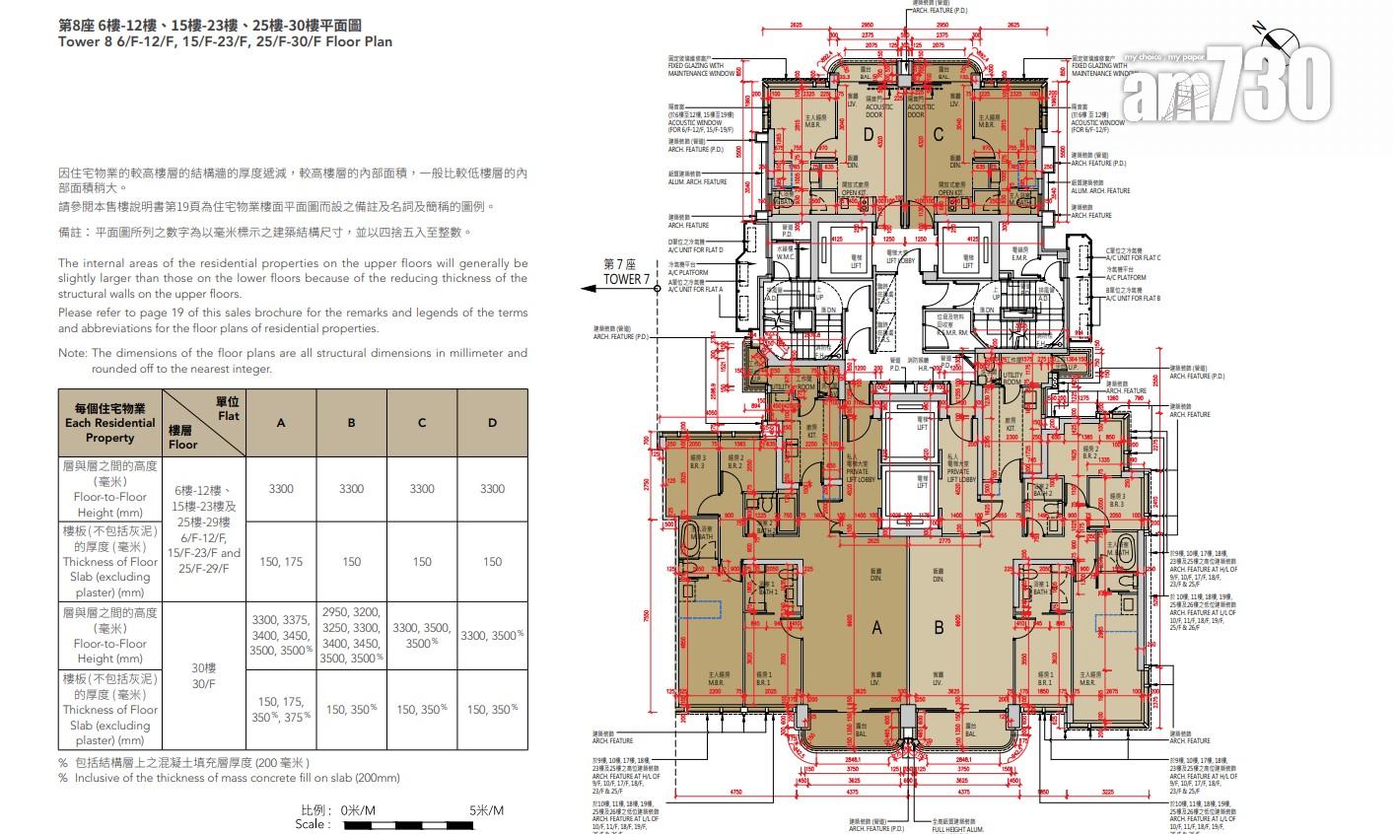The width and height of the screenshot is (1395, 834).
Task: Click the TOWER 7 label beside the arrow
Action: point(627,280)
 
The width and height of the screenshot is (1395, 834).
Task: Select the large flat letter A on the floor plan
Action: point(875,627)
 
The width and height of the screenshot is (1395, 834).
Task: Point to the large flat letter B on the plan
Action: point(939,627)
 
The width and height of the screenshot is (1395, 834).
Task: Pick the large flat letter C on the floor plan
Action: point(938,134)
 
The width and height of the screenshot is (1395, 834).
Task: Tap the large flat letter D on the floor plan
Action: point(869,134)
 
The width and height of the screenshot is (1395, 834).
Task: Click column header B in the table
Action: point(351,423)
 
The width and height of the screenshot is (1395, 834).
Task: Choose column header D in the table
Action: point(492,423)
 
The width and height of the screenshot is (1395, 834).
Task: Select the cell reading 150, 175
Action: point(281,562)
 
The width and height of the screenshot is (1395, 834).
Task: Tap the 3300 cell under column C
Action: point(422,489)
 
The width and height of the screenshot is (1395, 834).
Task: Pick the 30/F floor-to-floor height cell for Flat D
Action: point(492,636)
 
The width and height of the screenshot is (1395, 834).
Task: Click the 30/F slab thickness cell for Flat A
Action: point(281,709)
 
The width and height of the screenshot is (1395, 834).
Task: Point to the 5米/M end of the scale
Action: point(486,810)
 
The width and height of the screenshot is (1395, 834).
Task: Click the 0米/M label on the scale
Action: point(357,810)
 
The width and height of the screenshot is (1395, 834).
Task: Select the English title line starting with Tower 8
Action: point(225,42)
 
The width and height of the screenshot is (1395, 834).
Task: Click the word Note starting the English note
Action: point(72,353)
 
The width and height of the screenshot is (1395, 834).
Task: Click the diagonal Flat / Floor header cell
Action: point(203,423)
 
